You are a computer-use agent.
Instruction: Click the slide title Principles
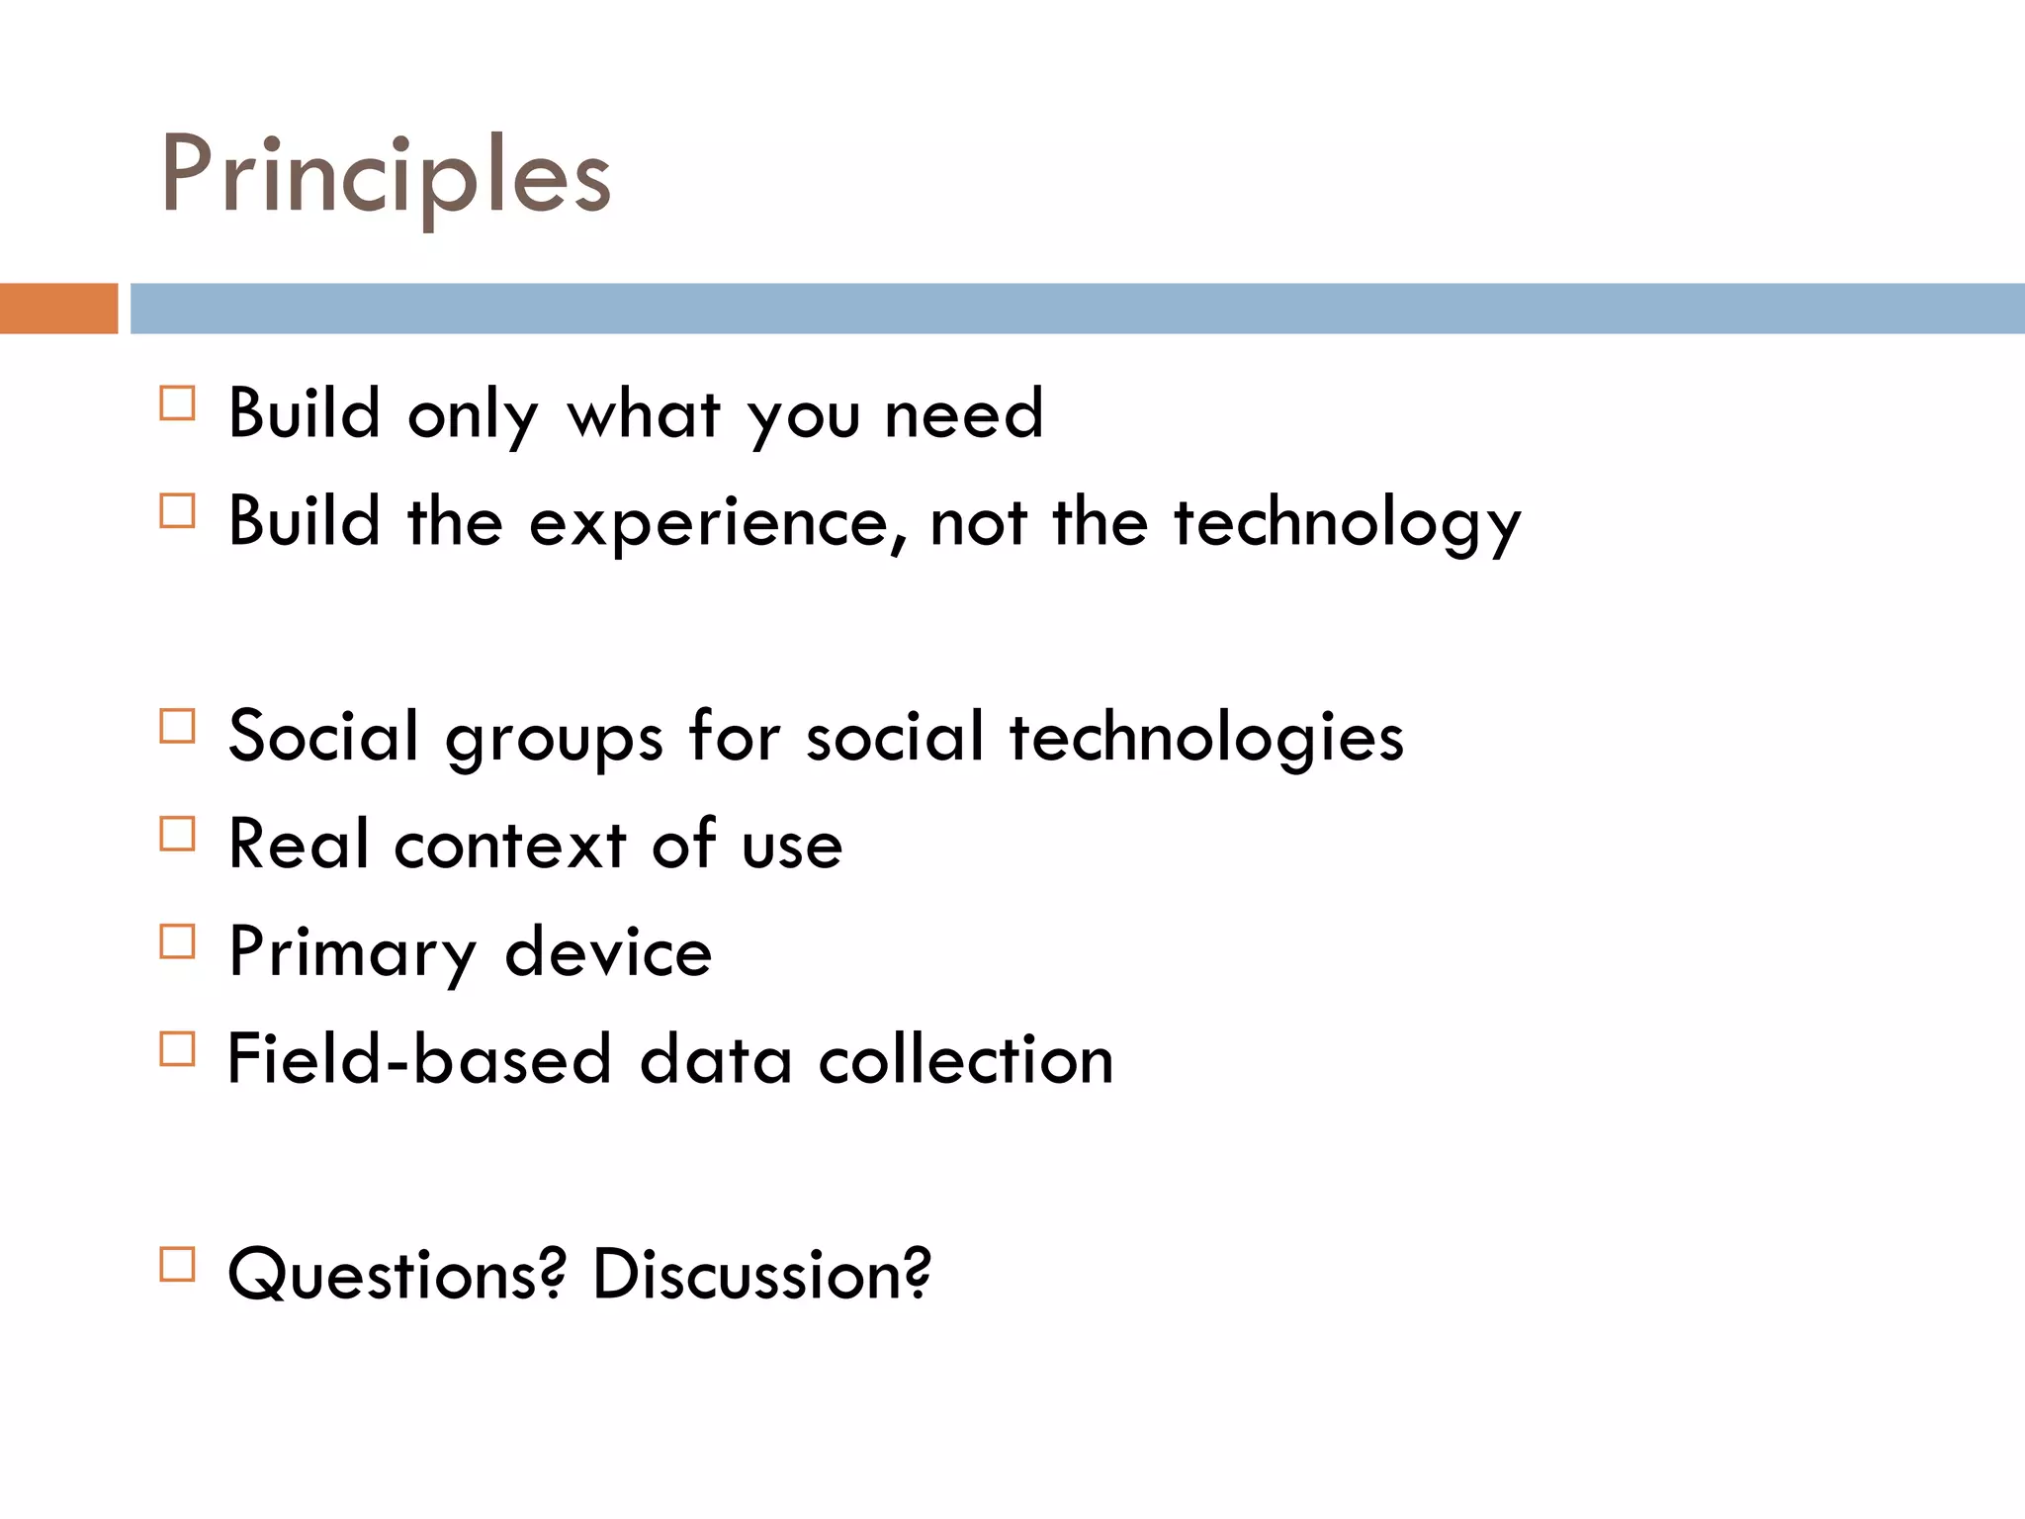coord(386,175)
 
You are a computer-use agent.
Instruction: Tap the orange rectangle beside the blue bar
coord(58,309)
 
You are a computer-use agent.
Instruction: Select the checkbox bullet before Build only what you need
coord(177,403)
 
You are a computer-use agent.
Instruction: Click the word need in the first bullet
coord(963,413)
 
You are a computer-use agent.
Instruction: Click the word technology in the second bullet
coord(1347,522)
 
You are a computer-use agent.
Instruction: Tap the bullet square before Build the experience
coord(177,511)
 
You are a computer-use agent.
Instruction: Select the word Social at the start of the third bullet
coord(323,736)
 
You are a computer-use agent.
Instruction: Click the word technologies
coord(1205,738)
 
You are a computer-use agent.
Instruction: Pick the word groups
coord(554,740)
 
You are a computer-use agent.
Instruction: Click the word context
coord(510,845)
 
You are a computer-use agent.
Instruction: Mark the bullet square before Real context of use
coord(177,834)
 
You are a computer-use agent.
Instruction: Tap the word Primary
coord(352,952)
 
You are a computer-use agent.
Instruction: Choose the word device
coord(608,951)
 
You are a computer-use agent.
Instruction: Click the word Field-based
coord(419,1059)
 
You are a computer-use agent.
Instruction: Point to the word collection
coord(966,1059)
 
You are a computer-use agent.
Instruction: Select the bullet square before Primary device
coord(177,941)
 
